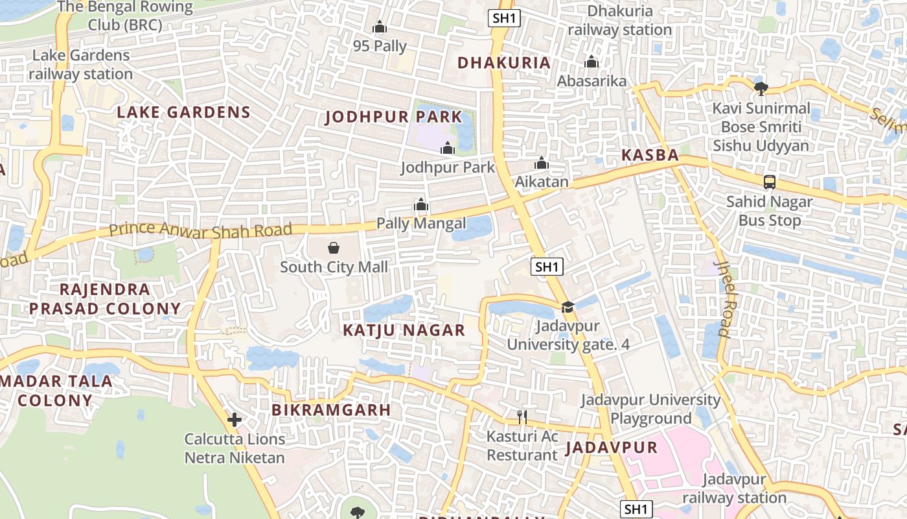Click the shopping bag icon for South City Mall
click(333, 248)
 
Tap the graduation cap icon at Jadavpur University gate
click(568, 307)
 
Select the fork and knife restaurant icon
click(523, 417)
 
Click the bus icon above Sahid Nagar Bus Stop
click(769, 182)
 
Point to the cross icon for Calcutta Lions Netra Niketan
click(235, 420)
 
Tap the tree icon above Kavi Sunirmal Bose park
click(761, 88)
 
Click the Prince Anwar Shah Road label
click(200, 230)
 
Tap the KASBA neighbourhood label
click(650, 156)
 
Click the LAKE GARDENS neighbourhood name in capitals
click(183, 112)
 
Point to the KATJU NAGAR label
click(404, 330)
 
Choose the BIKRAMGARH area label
click(331, 410)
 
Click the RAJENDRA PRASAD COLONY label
click(104, 298)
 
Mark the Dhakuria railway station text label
click(619, 20)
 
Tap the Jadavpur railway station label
click(734, 489)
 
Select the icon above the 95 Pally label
click(380, 27)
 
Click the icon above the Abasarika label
click(591, 62)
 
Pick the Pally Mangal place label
click(421, 224)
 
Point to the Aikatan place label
click(542, 182)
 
